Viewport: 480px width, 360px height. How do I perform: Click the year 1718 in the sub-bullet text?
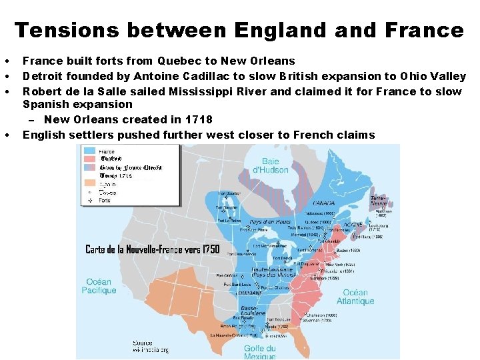198,120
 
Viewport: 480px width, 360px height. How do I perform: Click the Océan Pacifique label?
99,286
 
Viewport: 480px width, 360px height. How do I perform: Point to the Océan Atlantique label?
355,297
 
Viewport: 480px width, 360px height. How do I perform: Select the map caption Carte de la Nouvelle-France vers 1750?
152,249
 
